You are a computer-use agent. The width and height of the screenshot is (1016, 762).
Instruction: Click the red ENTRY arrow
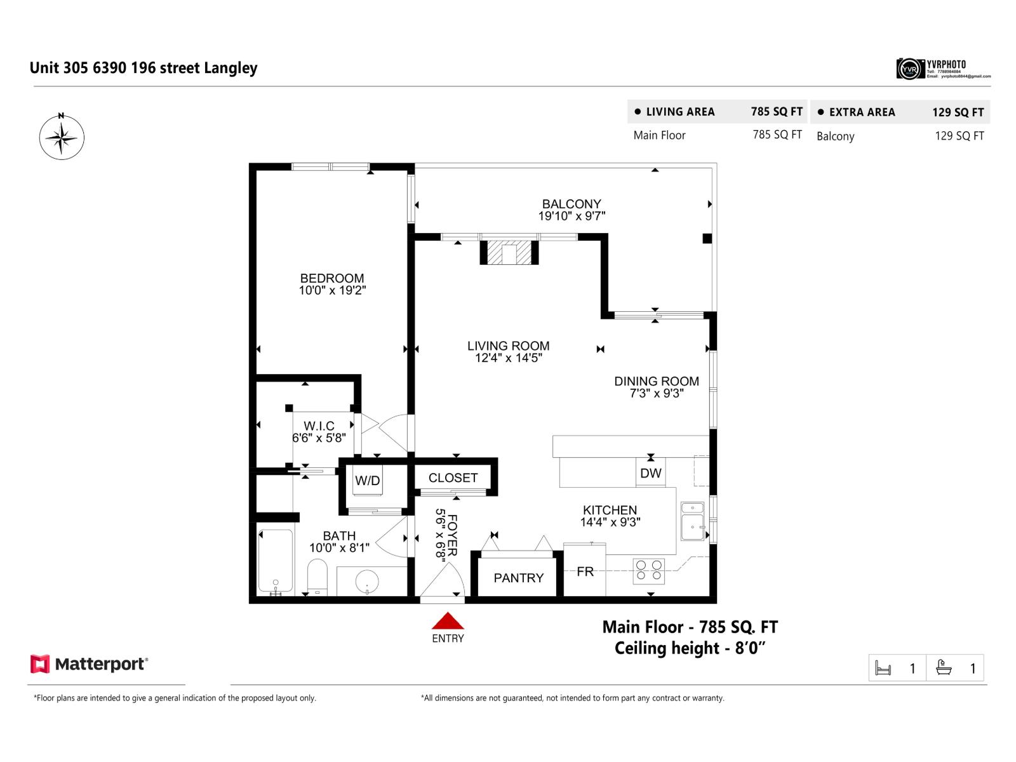448,620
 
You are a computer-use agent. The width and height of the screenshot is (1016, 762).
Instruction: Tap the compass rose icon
62,137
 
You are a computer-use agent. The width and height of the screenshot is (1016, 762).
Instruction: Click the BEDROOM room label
332,278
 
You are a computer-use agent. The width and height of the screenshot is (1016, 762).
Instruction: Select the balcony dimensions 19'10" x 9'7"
571,216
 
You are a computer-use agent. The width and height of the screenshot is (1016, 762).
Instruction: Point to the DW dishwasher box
651,473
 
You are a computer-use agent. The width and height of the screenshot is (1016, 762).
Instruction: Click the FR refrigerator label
585,571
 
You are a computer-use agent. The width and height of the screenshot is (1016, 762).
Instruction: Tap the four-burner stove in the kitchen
649,571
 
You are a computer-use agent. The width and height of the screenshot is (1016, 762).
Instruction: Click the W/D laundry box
368,481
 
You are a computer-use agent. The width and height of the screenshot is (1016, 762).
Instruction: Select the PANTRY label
518,578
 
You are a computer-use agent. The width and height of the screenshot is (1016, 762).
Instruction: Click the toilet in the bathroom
317,577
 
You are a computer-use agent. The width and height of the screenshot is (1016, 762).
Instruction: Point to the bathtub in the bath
276,561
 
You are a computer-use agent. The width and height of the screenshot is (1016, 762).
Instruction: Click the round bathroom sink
367,581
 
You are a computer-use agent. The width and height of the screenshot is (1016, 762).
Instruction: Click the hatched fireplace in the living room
509,253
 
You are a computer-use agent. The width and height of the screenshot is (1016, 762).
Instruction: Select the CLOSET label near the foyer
453,478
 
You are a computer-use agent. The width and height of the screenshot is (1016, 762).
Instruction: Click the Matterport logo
89,664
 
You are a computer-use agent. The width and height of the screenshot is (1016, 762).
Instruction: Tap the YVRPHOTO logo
942,68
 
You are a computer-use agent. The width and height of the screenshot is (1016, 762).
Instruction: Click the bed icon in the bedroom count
883,669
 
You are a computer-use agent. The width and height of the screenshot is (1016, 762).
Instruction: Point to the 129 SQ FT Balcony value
959,136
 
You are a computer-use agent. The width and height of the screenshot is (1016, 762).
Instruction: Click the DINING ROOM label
656,381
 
